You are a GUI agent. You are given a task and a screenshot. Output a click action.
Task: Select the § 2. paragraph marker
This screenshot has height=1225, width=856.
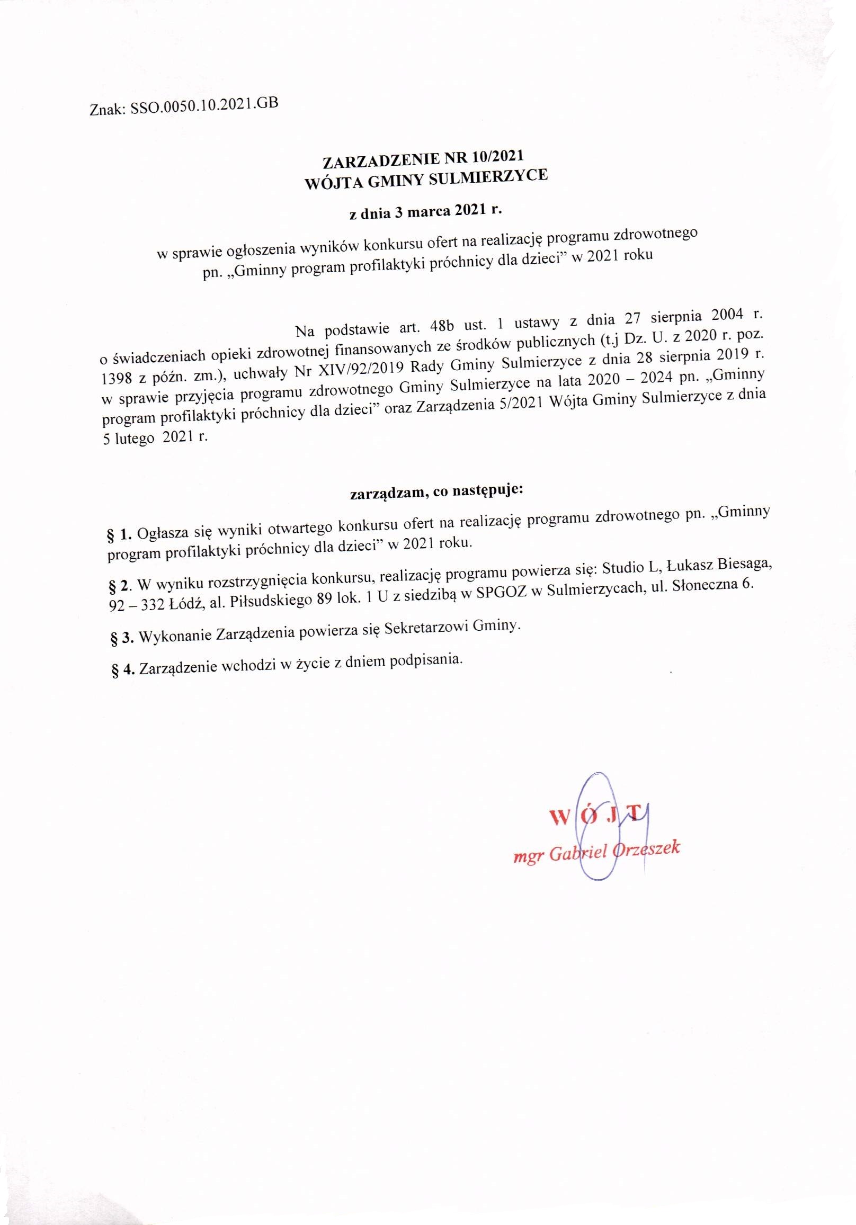(x=120, y=586)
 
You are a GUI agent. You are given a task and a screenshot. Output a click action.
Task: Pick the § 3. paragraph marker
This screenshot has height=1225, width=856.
(x=122, y=638)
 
